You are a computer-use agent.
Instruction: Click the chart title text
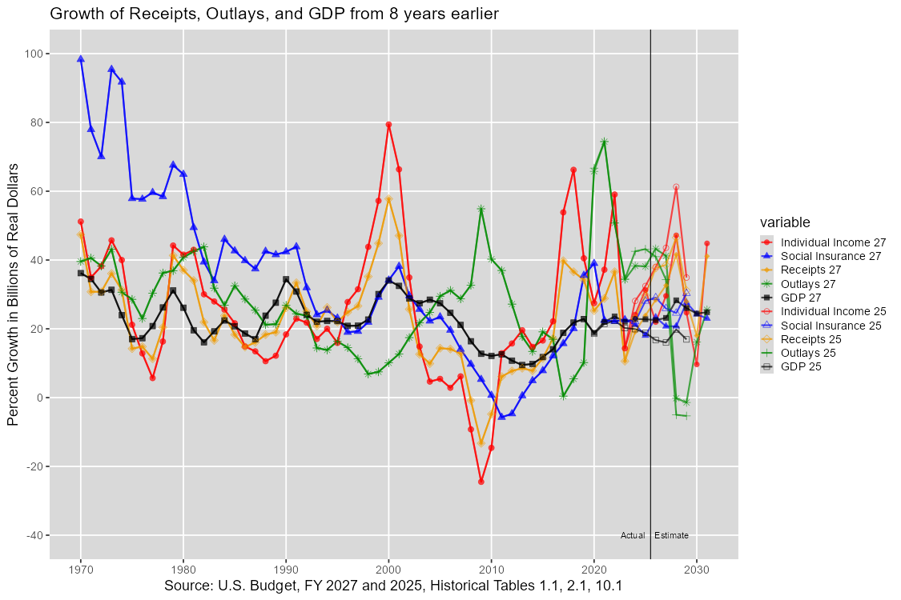(x=274, y=14)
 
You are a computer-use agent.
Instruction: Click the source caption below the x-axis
(x=393, y=586)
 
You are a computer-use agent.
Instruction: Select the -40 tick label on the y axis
(x=34, y=535)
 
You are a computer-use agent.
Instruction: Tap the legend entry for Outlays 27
(x=808, y=284)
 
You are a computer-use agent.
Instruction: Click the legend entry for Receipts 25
(x=810, y=339)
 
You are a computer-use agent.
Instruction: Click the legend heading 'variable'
(x=784, y=222)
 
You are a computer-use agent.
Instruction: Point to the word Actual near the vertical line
(x=633, y=535)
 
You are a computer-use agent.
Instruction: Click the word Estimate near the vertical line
(x=671, y=535)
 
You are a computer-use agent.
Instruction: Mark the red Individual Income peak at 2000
(x=388, y=125)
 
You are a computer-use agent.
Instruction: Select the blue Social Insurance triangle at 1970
(x=80, y=58)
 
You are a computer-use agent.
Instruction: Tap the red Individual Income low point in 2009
(x=481, y=482)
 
